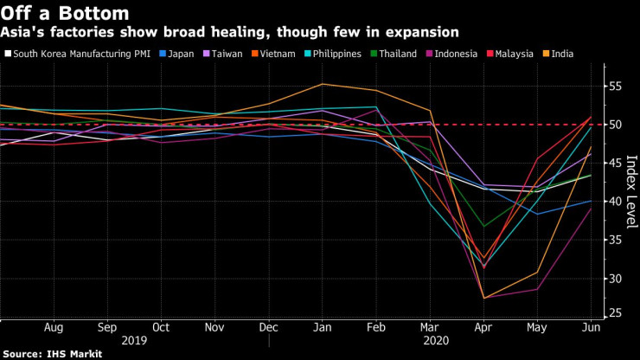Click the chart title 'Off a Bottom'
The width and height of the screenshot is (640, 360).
point(65,13)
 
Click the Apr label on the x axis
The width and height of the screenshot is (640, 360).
point(484,329)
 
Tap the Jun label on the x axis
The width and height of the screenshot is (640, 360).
point(590,329)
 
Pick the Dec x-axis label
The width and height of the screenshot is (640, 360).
point(269,329)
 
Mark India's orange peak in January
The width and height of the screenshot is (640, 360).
point(322,84)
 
